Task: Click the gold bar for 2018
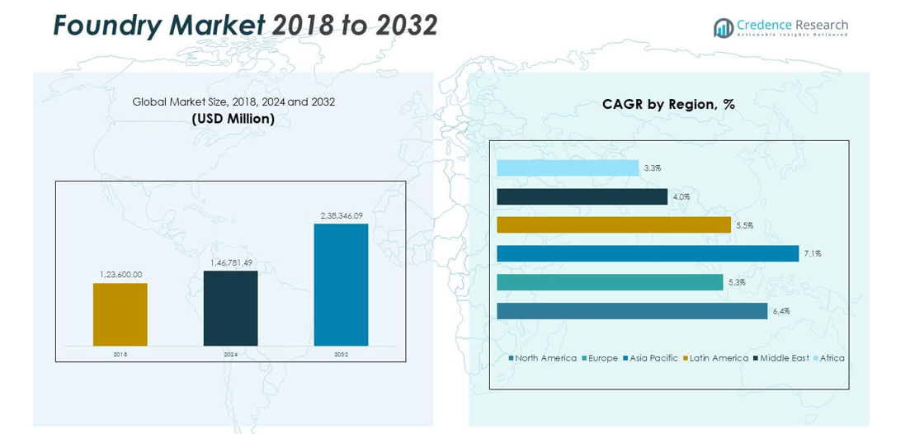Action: pyautogui.click(x=120, y=314)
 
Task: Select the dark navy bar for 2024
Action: pyautogui.click(x=230, y=308)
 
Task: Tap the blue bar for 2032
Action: pyautogui.click(x=341, y=285)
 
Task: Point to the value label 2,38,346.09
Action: pyautogui.click(x=342, y=215)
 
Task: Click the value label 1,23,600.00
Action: pyautogui.click(x=120, y=275)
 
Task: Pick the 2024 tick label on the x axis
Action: pyautogui.click(x=230, y=354)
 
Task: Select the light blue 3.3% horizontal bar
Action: pyautogui.click(x=568, y=168)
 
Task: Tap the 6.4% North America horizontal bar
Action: pyautogui.click(x=632, y=311)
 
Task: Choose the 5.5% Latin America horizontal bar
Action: pyautogui.click(x=613, y=224)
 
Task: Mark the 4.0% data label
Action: pyautogui.click(x=681, y=196)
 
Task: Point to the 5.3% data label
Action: pyautogui.click(x=736, y=282)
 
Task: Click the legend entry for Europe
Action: pyautogui.click(x=602, y=358)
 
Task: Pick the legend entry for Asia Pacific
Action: pyautogui.click(x=653, y=358)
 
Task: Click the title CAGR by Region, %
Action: pyautogui.click(x=668, y=105)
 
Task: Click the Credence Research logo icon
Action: pyautogui.click(x=724, y=28)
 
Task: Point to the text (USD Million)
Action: pyautogui.click(x=233, y=119)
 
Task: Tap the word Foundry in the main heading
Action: pyautogui.click(x=106, y=26)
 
